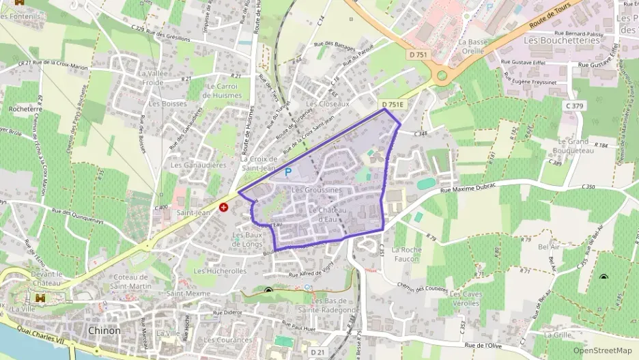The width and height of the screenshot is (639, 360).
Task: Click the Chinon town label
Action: click(104, 331)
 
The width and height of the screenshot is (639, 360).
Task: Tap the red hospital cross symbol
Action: click(223, 207)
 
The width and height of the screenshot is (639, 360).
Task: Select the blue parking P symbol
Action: click(287, 174)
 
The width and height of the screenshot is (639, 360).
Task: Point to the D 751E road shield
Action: click(393, 105)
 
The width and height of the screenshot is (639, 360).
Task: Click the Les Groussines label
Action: click(316, 189)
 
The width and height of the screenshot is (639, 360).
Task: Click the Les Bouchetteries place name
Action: click(561, 40)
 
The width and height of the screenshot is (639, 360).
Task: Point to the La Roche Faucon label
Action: click(406, 254)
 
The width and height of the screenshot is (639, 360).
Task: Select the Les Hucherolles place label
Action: click(220, 271)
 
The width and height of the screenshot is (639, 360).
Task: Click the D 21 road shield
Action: click(318, 351)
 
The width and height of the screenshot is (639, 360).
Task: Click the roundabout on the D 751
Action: click(442, 74)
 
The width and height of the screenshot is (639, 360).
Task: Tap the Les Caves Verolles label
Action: click(465, 299)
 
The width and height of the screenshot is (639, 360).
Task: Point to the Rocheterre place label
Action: click(23, 109)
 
